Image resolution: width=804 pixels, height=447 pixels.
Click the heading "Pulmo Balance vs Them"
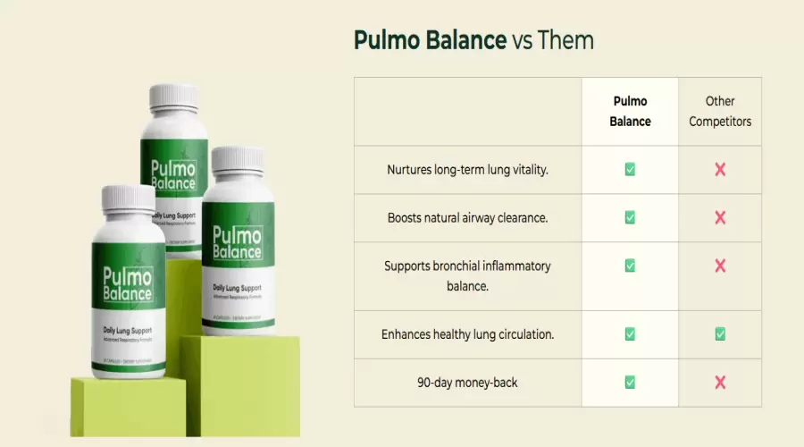[473, 40]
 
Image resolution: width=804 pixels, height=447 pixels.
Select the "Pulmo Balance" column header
[630, 112]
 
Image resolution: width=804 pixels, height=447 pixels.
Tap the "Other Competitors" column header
[720, 112]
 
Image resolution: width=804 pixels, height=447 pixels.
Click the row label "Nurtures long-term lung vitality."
[467, 169]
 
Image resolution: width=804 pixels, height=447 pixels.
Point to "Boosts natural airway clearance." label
[467, 217]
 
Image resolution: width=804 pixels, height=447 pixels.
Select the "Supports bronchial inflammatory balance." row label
[467, 275]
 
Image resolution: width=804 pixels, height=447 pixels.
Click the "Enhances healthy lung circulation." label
[467, 334]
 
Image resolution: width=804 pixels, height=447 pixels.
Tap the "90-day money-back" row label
[467, 383]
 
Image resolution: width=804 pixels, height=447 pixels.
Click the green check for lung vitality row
[630, 169]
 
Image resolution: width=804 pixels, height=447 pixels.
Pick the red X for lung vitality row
[720, 169]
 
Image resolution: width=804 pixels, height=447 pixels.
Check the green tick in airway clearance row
[630, 217]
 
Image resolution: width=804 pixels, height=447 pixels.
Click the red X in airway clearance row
[720, 217]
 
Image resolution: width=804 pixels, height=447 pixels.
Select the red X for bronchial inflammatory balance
[720, 266]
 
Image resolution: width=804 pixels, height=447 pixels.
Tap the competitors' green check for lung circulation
[720, 334]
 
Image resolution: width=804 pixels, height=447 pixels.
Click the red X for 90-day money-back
[720, 383]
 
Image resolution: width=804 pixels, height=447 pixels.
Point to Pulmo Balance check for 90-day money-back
[630, 383]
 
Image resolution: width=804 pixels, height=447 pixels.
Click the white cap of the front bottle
[129, 202]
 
